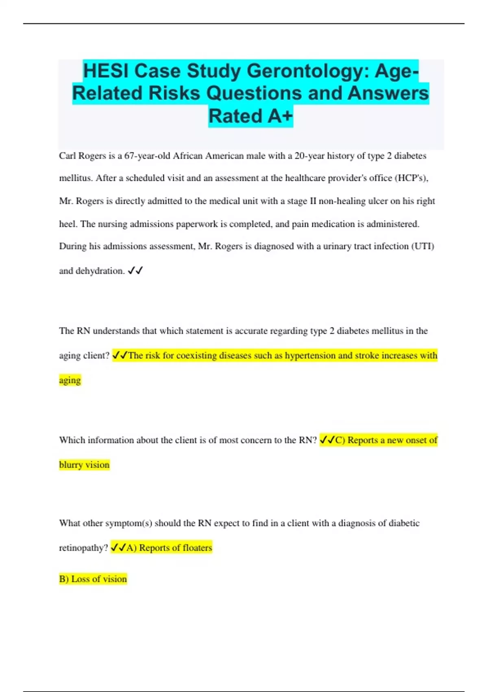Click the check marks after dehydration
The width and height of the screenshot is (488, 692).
click(135, 271)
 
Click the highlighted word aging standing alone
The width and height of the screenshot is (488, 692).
click(70, 380)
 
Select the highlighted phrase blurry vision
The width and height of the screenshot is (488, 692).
click(84, 465)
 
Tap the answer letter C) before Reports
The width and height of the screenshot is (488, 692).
click(340, 440)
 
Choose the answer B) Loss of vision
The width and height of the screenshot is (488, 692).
click(93, 579)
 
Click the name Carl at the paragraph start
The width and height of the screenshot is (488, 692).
click(67, 156)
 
